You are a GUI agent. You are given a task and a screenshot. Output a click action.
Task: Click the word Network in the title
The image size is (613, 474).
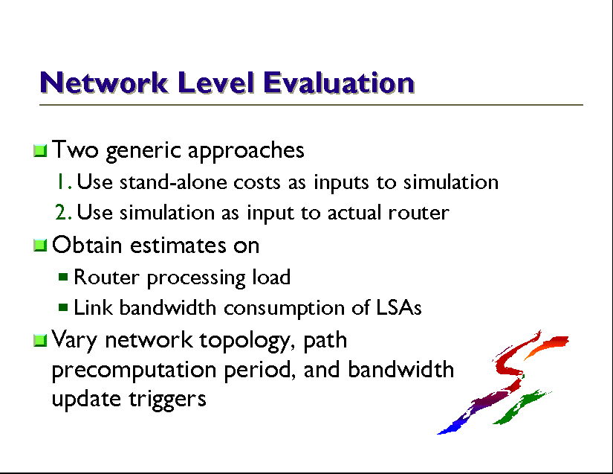point(104,83)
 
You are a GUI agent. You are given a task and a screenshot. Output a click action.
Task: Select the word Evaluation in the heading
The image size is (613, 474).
point(339,83)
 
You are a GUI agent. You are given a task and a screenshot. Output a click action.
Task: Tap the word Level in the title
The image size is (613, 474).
point(215,83)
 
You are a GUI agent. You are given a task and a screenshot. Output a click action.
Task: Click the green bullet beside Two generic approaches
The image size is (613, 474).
point(40,150)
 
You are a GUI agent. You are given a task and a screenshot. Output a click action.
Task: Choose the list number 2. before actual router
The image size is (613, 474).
point(64,213)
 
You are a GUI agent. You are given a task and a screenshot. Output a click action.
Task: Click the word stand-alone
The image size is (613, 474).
point(173,182)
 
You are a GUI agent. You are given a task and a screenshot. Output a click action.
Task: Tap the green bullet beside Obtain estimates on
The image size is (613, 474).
point(40,246)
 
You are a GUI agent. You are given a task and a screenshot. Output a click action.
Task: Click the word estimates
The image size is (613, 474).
point(178,246)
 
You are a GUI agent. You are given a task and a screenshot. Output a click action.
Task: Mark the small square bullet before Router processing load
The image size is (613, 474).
point(63,277)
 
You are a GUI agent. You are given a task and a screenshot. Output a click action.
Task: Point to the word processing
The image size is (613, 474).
point(196,278)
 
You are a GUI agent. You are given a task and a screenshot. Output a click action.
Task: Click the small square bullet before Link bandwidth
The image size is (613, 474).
point(63,307)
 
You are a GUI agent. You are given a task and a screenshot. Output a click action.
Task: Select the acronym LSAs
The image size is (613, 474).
point(399,307)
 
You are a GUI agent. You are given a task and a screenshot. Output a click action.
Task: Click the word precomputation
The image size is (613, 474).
point(134,371)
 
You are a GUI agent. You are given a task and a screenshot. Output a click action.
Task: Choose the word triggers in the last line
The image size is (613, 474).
point(168,400)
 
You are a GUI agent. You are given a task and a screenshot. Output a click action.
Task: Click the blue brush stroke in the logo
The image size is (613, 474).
point(454,426)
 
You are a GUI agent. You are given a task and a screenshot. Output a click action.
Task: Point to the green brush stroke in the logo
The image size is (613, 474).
point(522,407)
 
